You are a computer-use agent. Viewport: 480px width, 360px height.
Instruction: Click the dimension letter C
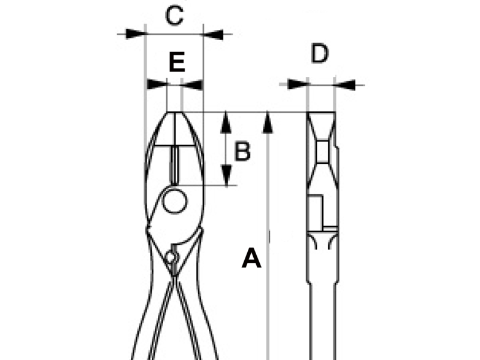tap(175, 16)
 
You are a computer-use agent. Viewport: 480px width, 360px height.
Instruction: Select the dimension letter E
tap(177, 62)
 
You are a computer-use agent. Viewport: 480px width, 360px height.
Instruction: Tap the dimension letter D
tap(320, 53)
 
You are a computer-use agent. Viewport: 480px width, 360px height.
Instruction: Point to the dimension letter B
tap(242, 151)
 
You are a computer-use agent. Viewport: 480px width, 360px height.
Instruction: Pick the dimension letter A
tap(251, 258)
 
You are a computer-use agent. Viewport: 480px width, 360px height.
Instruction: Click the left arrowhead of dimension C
tap(135, 34)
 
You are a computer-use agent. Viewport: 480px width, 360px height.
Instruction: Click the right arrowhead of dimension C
tap(213, 34)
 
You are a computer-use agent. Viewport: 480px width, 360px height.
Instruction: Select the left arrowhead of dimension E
tap(157, 84)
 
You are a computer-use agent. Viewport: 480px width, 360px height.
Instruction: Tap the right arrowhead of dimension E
tap(192, 85)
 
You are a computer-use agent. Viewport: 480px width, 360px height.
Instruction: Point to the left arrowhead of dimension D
tap(297, 84)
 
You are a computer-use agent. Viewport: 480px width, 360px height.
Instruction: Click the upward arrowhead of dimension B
tap(226, 122)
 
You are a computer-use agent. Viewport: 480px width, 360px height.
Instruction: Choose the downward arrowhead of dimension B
tap(226, 175)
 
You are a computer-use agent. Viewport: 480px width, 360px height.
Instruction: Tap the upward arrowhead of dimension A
tap(268, 122)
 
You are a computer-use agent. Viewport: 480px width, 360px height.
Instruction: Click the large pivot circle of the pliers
tap(175, 202)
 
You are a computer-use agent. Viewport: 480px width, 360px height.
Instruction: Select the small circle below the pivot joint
tap(170, 257)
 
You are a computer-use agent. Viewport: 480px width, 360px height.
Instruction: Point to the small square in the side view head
tap(322, 151)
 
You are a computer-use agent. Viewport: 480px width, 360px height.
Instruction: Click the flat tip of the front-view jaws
tap(175, 112)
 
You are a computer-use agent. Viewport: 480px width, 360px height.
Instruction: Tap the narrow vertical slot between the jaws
tap(175, 165)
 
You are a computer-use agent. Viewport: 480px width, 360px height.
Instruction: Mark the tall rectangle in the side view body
tap(315, 212)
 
